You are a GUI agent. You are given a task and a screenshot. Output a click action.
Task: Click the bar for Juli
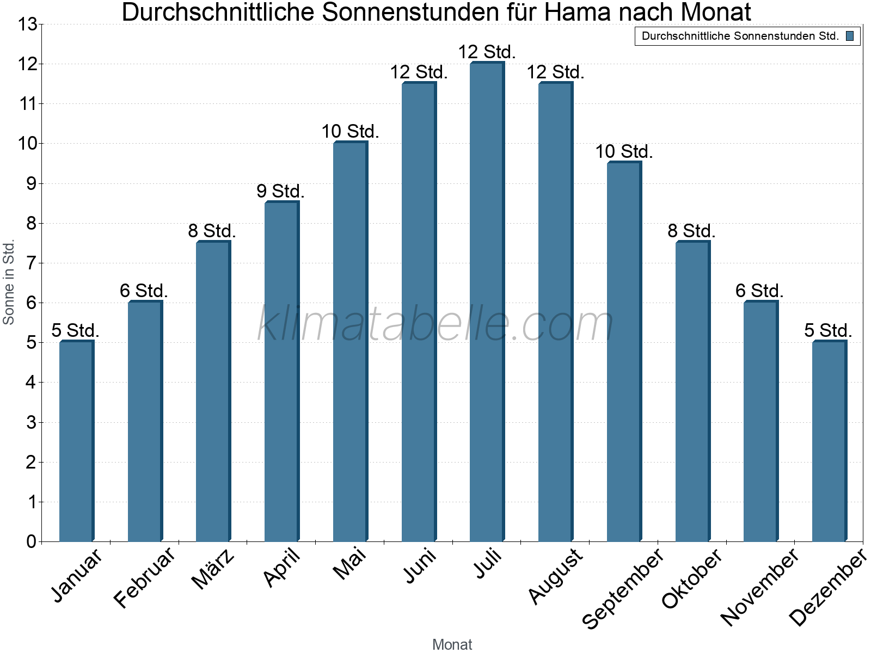(487, 302)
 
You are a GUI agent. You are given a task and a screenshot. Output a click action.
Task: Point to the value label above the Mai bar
(350, 132)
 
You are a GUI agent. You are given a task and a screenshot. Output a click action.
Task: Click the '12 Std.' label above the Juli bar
(487, 52)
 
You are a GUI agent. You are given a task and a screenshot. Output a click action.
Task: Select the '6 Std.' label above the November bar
(759, 291)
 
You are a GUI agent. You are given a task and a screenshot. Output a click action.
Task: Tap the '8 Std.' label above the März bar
(212, 231)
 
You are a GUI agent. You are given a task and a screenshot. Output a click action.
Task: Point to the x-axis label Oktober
(692, 578)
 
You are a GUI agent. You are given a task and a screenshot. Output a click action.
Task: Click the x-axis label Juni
(420, 566)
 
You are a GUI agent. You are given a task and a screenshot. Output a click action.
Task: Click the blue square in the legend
(850, 36)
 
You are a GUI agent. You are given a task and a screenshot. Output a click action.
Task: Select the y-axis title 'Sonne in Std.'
(9, 282)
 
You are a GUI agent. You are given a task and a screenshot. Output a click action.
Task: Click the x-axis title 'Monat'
(452, 644)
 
